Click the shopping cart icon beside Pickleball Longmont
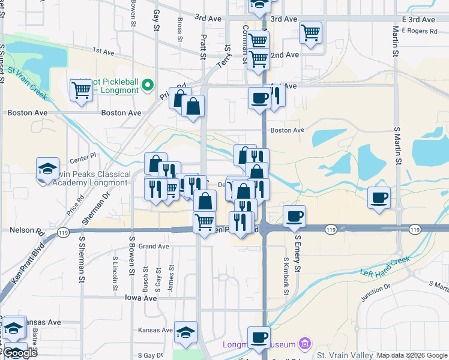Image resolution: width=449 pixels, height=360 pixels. click(x=81, y=91)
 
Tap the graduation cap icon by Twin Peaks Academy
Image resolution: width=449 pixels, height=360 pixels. click(x=47, y=169)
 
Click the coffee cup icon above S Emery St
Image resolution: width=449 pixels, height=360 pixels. click(x=294, y=216)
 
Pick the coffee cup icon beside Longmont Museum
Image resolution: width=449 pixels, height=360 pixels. click(x=259, y=337)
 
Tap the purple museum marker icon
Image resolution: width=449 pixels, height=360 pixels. click(x=305, y=344)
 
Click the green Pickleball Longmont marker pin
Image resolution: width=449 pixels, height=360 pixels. click(x=148, y=84)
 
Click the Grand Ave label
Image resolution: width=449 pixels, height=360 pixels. click(x=154, y=246)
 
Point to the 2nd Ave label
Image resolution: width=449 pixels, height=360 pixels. click(x=285, y=55)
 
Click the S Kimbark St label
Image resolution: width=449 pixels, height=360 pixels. click(x=286, y=275)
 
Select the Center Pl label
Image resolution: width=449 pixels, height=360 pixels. click(x=83, y=159)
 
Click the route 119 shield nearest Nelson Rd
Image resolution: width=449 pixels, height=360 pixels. click(x=61, y=232)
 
